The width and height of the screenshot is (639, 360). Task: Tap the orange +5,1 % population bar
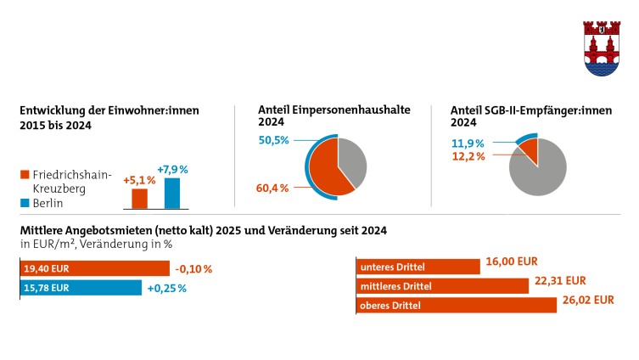click(x=139, y=199)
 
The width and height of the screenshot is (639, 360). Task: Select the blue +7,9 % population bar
click(x=172, y=193)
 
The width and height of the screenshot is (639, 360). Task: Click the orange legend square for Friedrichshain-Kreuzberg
click(x=24, y=174)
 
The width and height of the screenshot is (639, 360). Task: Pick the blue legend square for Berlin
click(x=24, y=204)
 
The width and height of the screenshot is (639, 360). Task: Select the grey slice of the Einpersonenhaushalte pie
click(x=352, y=160)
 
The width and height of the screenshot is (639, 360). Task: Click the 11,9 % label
click(x=468, y=143)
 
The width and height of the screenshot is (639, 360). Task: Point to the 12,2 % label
click(x=468, y=156)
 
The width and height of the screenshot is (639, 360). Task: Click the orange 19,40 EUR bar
click(x=93, y=268)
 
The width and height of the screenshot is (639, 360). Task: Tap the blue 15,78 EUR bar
click(x=80, y=288)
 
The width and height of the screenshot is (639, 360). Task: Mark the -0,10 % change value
click(x=193, y=269)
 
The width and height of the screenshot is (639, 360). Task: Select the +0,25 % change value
click(x=166, y=289)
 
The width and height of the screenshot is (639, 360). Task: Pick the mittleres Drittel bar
click(x=441, y=286)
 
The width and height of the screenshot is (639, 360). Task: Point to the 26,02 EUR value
click(x=587, y=300)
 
